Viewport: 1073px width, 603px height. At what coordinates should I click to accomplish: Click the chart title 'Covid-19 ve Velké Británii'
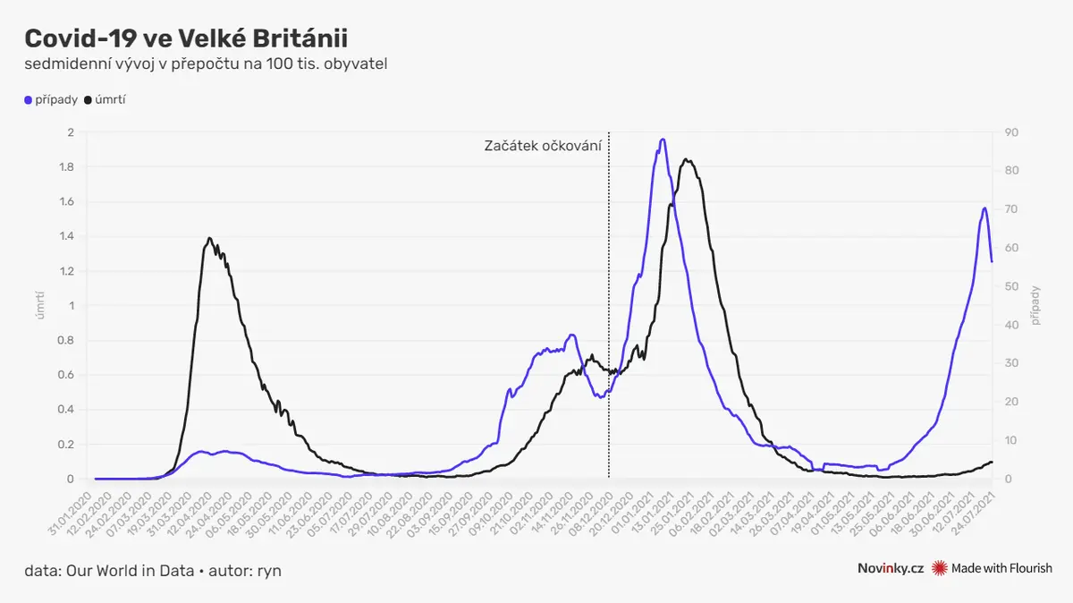pos(186,38)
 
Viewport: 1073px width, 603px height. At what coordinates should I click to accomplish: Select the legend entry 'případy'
pos(56,99)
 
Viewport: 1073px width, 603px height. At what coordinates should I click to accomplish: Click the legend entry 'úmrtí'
pos(110,99)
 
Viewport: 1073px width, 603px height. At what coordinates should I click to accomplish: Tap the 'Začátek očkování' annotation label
pos(543,145)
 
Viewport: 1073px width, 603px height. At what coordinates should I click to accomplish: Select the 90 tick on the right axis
pos(1010,132)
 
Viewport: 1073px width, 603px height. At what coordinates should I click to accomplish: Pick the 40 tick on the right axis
pos(1010,325)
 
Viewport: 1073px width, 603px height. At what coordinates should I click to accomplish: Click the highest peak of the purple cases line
pos(663,140)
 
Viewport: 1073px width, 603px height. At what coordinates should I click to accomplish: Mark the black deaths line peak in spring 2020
pos(209,238)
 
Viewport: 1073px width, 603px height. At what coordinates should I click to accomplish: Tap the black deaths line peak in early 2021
pos(686,160)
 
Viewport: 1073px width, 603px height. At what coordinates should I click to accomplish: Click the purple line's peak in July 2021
pos(984,208)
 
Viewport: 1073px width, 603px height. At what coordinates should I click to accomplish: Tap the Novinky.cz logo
pos(890,568)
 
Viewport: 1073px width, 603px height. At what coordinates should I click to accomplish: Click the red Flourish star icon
pos(939,568)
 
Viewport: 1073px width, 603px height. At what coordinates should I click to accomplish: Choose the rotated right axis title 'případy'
pos(1035,305)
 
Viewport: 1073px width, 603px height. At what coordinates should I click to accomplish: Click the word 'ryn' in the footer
pos(270,570)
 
